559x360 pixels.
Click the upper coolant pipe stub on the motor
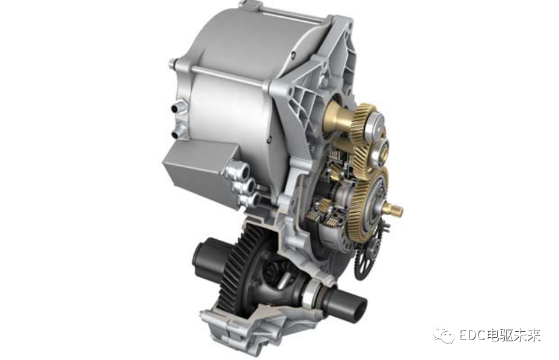tap(177, 107)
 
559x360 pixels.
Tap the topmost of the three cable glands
tap(234, 170)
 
